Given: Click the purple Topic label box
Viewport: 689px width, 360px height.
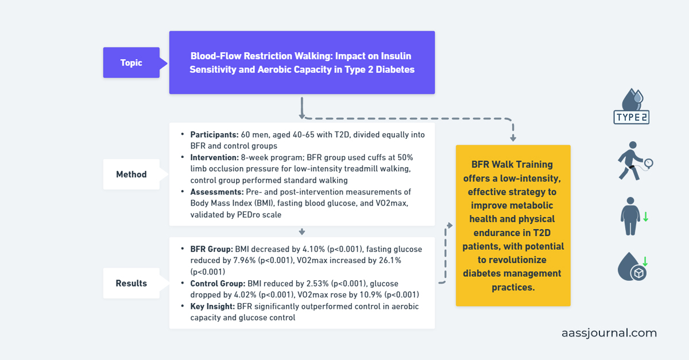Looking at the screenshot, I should (x=131, y=63).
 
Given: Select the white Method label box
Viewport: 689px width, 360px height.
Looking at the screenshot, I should (x=131, y=174).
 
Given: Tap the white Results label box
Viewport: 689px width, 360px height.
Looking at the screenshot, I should (x=131, y=283).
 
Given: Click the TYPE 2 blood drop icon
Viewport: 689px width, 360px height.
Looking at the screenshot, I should (x=631, y=107).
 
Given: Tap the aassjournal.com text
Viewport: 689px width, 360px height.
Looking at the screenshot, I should (x=609, y=333).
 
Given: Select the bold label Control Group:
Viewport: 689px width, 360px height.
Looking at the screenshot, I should (x=218, y=284).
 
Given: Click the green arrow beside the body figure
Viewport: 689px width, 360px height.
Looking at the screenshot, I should (x=646, y=217).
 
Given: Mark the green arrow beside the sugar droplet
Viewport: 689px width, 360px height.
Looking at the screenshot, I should (x=645, y=262).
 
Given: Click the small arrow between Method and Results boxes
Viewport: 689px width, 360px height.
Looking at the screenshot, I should (x=301, y=231).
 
